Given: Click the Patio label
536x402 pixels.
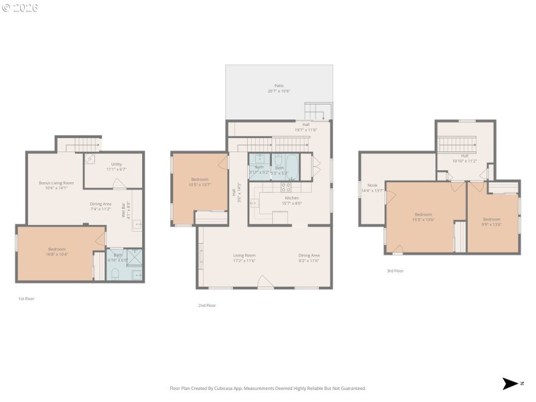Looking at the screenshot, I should coord(279,86).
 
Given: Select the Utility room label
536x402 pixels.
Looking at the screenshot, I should coord(116,163).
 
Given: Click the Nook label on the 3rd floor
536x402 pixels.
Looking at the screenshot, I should coord(372,185).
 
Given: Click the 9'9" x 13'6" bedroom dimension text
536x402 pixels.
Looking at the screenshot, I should coord(492,224).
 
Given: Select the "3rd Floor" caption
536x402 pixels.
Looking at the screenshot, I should coord(395,271).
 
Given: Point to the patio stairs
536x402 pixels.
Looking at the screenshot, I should coord(318,111).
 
